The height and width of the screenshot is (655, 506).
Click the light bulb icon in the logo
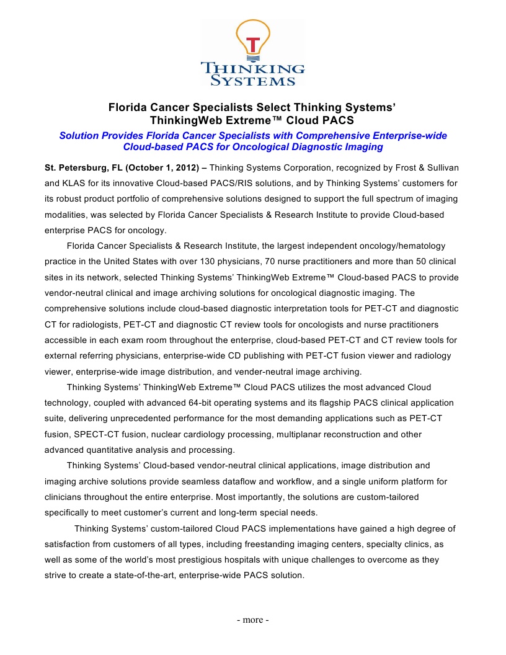click(252, 41)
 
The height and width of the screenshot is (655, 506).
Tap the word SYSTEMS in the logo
click(252, 81)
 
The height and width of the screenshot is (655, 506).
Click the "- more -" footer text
click(252, 620)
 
